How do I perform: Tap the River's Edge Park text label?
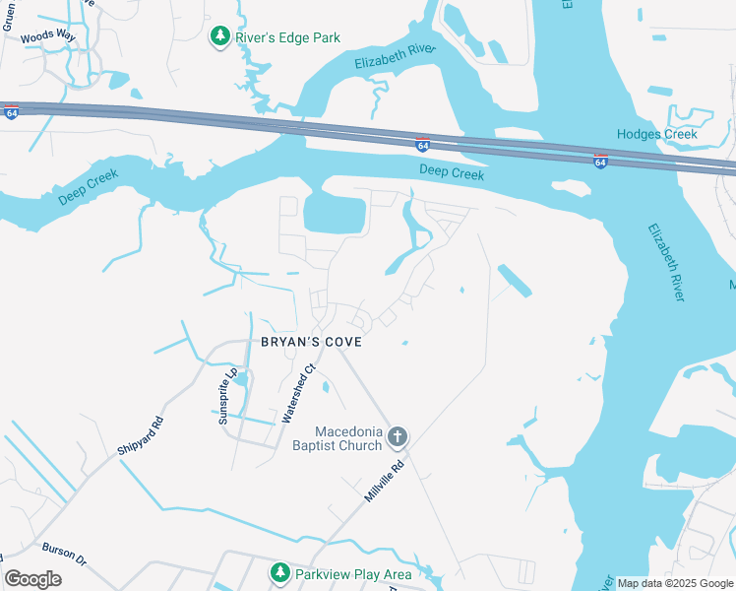(288, 37)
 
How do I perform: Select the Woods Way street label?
(48, 34)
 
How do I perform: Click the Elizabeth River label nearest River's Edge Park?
(394, 60)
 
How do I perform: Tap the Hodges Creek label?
(656, 134)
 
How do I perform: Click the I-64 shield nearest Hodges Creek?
(600, 161)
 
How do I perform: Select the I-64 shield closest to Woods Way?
(11, 113)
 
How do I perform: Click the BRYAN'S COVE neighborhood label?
(311, 342)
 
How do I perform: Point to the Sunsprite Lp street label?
(232, 396)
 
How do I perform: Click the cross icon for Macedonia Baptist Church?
(398, 435)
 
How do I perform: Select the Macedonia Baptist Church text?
(347, 438)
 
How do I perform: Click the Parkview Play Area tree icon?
(280, 572)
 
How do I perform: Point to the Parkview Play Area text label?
(356, 572)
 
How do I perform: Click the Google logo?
(33, 579)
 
